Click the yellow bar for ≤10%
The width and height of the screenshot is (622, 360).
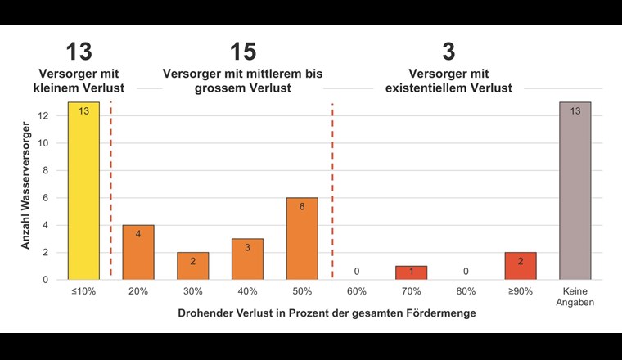(x=83, y=191)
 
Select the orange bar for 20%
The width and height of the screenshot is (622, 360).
(x=138, y=252)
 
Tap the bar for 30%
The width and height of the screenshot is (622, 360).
(x=192, y=266)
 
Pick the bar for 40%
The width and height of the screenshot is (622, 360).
(x=247, y=259)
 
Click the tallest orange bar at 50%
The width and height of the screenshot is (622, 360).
(x=302, y=238)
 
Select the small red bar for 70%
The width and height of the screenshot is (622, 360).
(x=411, y=272)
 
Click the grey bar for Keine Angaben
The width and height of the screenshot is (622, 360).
(x=575, y=191)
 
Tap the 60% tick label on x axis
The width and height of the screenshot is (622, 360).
(x=357, y=290)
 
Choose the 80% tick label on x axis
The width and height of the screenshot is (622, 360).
(x=466, y=290)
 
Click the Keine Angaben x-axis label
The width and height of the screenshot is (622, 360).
(x=575, y=295)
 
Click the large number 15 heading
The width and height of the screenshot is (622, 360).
(x=242, y=52)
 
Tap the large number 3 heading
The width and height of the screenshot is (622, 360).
(x=448, y=52)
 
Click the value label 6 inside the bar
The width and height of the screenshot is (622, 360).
(x=302, y=207)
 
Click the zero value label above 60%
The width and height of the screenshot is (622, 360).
(x=357, y=271)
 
